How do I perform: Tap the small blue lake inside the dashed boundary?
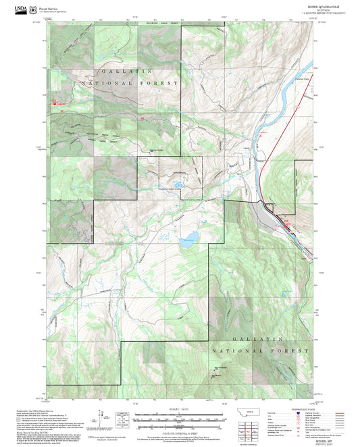(179, 183)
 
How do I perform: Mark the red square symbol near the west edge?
(55, 103)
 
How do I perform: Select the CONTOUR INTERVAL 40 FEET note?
(180, 431)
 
